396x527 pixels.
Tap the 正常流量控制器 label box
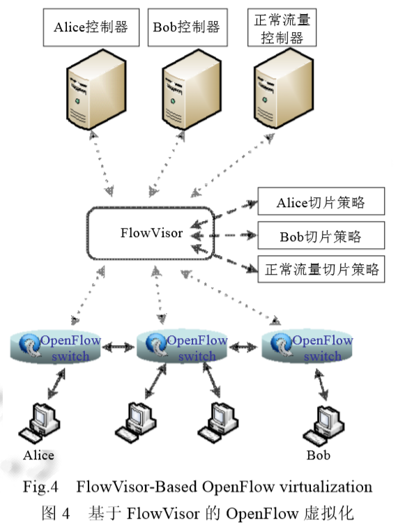(x=282, y=28)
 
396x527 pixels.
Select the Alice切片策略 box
(x=321, y=203)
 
